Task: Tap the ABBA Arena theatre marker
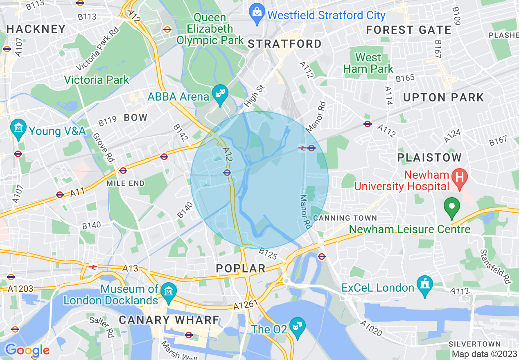click(x=221, y=94)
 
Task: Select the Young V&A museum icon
click(x=18, y=128)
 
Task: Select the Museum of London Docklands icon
click(x=168, y=291)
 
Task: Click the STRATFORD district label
click(x=285, y=44)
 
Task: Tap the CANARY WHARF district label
click(x=169, y=320)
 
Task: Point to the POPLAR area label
click(x=241, y=268)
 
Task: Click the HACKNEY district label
click(x=36, y=29)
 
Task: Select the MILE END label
click(x=126, y=183)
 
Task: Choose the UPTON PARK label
click(x=444, y=97)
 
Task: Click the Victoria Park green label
click(x=97, y=79)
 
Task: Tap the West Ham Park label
click(x=368, y=63)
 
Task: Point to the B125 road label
click(x=268, y=254)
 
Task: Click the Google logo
click(x=27, y=350)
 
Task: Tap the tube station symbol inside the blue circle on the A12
click(x=227, y=173)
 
